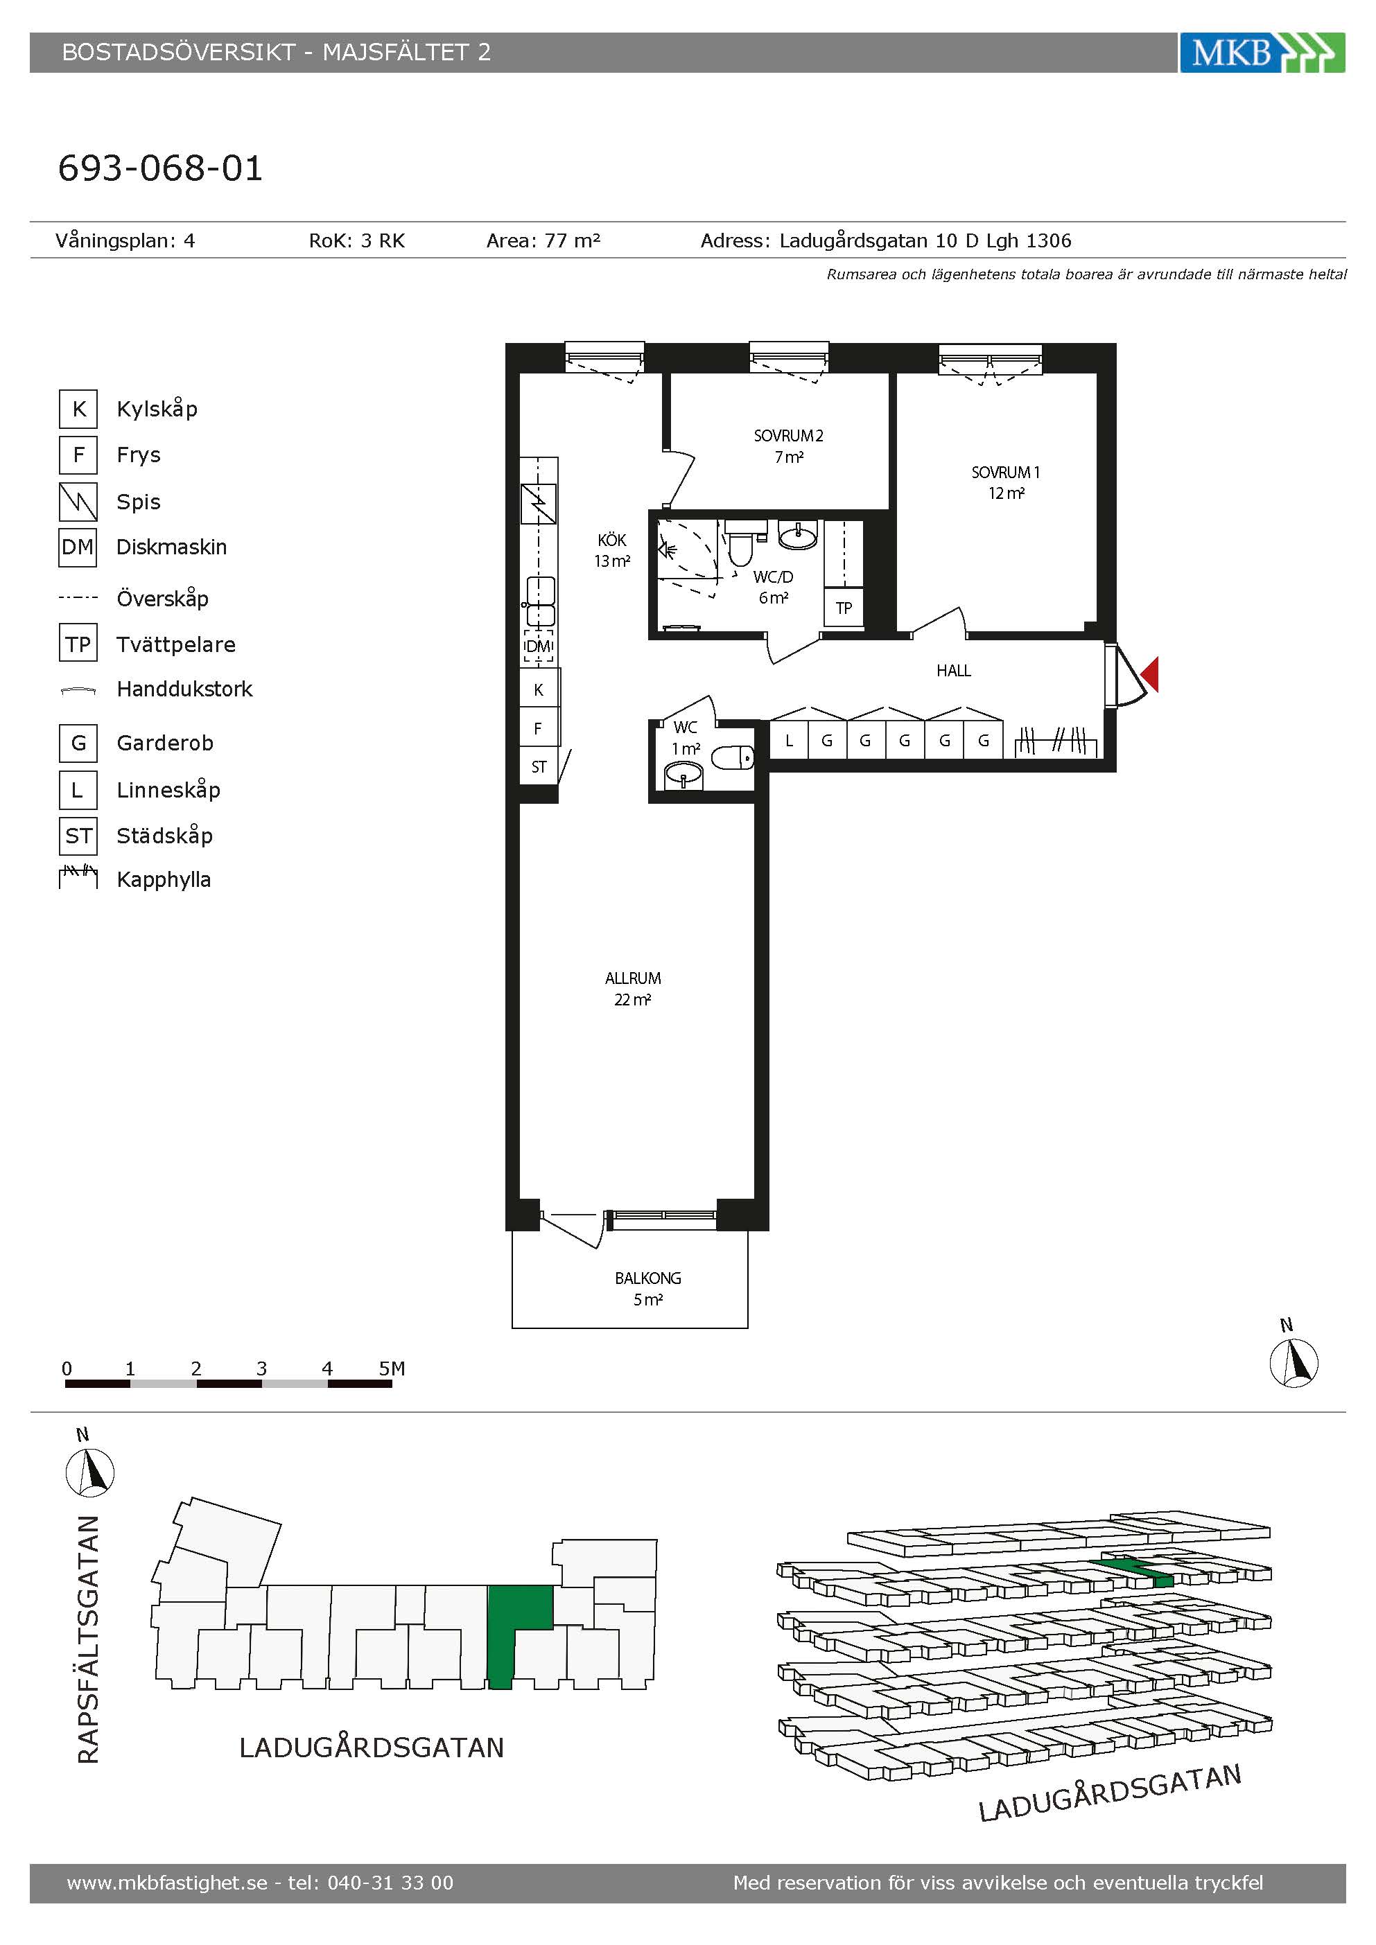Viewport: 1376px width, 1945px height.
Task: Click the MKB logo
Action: click(1262, 53)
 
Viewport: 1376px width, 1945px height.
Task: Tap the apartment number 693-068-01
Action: click(160, 168)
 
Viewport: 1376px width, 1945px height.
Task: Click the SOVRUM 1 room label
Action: click(1006, 472)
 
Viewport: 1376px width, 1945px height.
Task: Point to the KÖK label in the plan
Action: click(611, 540)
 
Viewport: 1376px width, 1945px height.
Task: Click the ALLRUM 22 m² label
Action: click(633, 989)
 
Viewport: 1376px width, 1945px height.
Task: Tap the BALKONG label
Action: click(648, 1278)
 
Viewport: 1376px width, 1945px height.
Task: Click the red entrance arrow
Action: click(1150, 674)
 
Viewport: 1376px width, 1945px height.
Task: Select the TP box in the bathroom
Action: click(844, 608)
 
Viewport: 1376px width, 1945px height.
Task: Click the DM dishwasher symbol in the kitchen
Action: click(538, 646)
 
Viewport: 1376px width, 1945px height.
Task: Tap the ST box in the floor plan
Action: click(539, 766)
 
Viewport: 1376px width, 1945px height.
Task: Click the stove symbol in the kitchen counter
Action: click(538, 504)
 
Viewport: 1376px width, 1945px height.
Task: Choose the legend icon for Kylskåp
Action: click(78, 409)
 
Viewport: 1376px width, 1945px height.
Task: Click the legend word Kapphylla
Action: click(164, 879)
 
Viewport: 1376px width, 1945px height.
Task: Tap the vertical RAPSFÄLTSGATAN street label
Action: click(88, 1639)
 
